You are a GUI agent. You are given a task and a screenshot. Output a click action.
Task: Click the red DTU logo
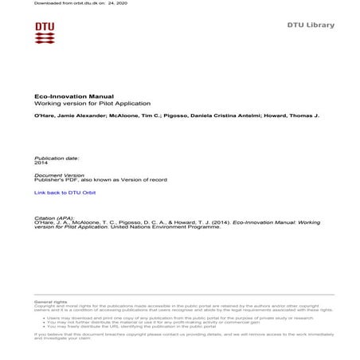45,33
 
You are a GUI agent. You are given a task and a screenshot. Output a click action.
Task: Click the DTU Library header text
311,25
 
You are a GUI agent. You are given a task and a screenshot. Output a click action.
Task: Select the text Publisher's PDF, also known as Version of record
101,181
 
